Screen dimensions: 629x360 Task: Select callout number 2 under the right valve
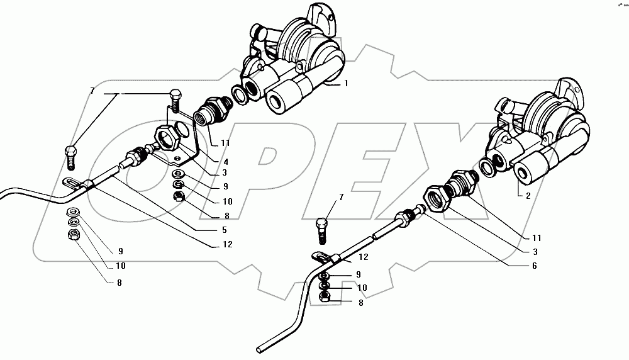point(528,196)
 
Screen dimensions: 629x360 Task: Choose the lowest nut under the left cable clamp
point(73,235)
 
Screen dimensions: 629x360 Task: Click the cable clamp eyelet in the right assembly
point(320,257)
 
